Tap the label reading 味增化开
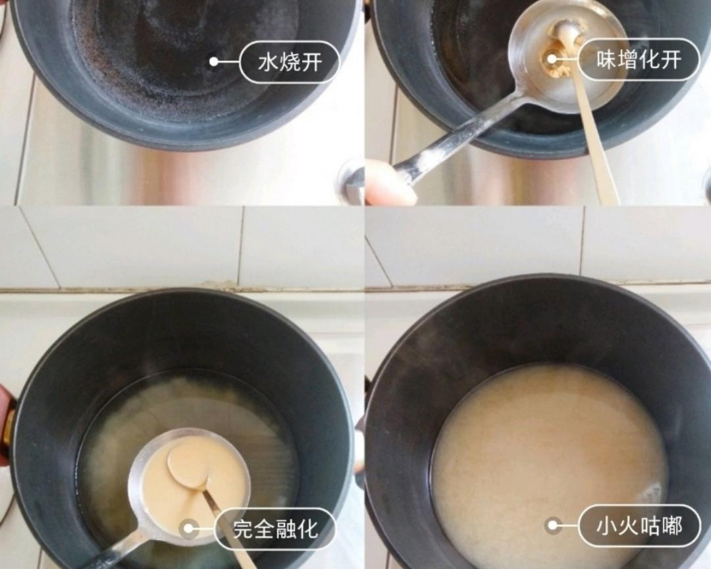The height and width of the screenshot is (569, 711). (639, 59)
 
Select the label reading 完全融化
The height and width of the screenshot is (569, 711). (275, 528)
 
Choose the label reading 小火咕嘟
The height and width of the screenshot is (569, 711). (639, 526)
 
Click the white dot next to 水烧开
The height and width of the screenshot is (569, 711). (214, 61)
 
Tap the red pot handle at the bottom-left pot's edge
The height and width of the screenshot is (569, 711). (5, 421)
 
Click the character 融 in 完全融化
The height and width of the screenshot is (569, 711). (286, 528)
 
